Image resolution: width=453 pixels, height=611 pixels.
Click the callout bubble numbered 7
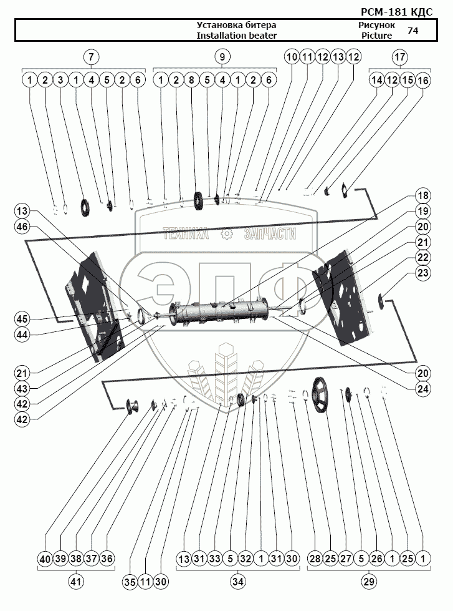click(x=92, y=57)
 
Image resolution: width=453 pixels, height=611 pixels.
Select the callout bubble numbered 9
click(x=222, y=57)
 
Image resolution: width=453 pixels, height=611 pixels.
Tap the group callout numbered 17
click(x=399, y=57)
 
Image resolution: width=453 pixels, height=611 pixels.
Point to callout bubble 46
click(x=22, y=228)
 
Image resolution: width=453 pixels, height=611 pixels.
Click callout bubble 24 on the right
click(x=423, y=387)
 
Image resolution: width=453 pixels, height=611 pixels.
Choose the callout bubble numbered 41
click(x=76, y=582)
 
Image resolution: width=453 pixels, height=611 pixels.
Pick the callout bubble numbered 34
click(x=238, y=582)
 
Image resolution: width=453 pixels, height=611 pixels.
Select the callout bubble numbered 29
click(x=368, y=582)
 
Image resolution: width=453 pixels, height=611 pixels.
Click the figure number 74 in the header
click(x=413, y=30)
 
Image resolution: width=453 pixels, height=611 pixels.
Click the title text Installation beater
click(x=236, y=36)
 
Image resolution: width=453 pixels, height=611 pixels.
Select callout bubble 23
click(x=423, y=273)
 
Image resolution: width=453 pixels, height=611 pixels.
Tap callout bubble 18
click(x=423, y=195)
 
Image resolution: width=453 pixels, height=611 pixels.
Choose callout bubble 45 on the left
click(x=22, y=318)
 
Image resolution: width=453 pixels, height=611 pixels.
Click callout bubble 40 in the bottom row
click(x=45, y=559)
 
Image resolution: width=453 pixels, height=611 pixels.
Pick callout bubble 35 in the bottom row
click(x=129, y=582)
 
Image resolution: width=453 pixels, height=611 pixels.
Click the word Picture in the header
click(x=376, y=36)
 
